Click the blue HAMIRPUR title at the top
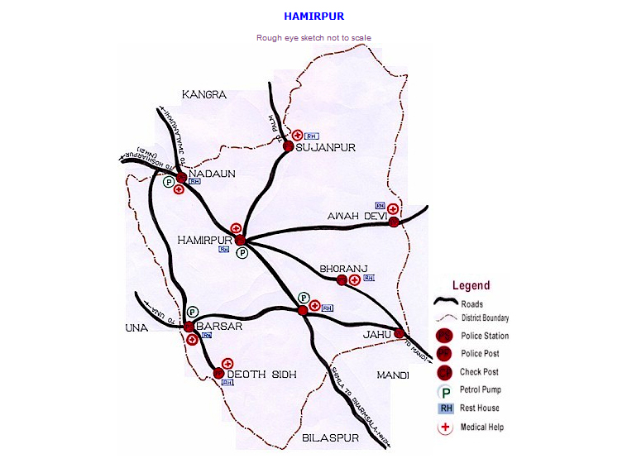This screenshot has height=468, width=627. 313,16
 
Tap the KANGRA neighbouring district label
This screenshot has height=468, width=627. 204,95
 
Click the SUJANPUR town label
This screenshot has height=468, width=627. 325,148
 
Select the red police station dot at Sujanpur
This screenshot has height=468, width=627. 289,146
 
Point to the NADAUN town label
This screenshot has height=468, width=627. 213,174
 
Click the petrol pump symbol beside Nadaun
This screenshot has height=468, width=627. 169,182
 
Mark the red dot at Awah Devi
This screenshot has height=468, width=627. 395,221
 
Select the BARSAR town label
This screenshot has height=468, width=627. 220,327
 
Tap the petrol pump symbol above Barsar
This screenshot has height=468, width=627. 193,312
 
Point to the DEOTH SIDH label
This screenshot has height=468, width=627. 261,375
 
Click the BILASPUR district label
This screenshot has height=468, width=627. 330,437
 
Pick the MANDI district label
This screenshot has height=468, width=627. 393,375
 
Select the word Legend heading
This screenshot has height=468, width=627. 471,285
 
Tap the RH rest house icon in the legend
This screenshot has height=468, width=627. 446,408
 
